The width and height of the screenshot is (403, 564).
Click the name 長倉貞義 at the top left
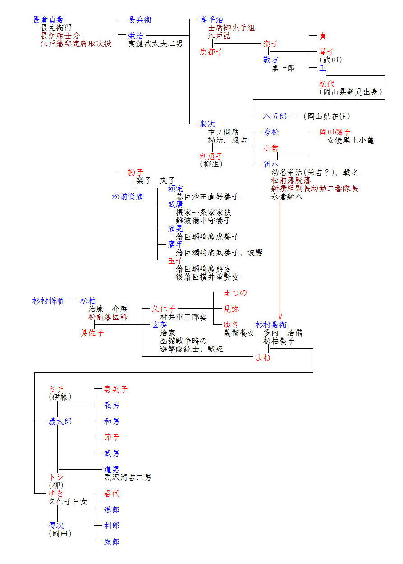pyautogui.click(x=48, y=20)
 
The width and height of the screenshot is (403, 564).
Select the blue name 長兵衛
pyautogui.click(x=140, y=20)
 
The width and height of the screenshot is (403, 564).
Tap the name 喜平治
pyautogui.click(x=211, y=20)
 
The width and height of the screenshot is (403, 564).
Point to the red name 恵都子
pyautogui.click(x=211, y=52)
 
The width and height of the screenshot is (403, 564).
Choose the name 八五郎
pyautogui.click(x=275, y=116)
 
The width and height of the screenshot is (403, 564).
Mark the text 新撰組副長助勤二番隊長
pyautogui.click(x=315, y=189)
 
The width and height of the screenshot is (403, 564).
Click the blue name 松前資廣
pyautogui.click(x=128, y=197)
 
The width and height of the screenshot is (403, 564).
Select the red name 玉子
pyautogui.click(x=175, y=261)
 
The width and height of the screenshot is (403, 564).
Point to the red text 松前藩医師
pyautogui.click(x=108, y=317)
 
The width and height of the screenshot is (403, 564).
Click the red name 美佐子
pyautogui.click(x=92, y=333)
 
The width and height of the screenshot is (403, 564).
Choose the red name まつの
pyautogui.click(x=235, y=293)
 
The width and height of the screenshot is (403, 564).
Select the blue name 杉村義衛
pyautogui.click(x=271, y=325)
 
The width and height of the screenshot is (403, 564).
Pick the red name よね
pyautogui.click(x=263, y=357)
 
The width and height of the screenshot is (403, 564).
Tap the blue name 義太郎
pyautogui.click(x=60, y=421)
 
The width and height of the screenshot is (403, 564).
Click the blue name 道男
pyautogui.click(x=112, y=469)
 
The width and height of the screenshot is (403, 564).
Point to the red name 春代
pyautogui.click(x=112, y=494)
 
